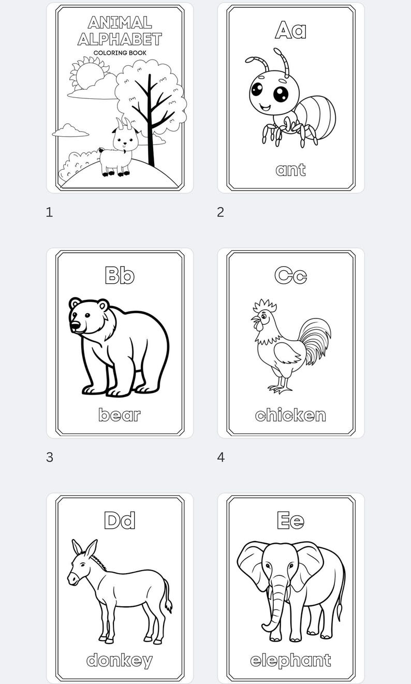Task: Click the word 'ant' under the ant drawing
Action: click(x=290, y=170)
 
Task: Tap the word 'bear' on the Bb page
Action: click(x=120, y=415)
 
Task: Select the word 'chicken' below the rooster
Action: click(x=290, y=415)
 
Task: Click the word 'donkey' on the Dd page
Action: click(x=120, y=660)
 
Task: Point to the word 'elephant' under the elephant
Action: click(x=290, y=660)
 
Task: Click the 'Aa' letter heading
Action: click(x=290, y=30)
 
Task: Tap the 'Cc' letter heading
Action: click(x=290, y=275)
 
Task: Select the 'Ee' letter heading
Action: click(x=290, y=520)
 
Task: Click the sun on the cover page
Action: click(x=87, y=74)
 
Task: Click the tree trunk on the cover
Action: click(x=151, y=129)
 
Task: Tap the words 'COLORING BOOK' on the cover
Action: click(x=120, y=53)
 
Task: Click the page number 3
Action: click(x=50, y=457)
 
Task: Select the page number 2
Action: click(x=221, y=212)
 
